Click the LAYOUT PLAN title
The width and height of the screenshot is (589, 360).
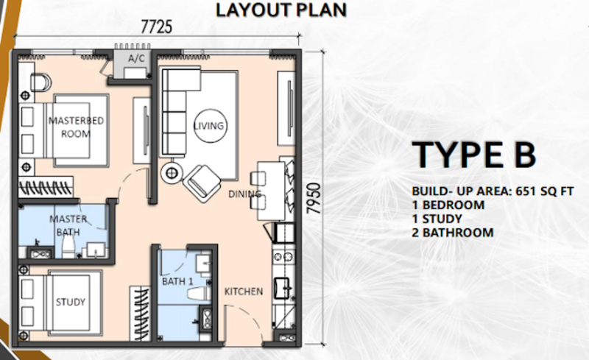point(281,10)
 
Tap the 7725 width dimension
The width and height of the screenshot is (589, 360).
point(157,27)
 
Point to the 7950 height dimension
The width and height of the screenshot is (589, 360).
point(314,198)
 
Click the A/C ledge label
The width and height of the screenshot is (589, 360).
point(136,59)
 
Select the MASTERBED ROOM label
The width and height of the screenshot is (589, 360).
point(76,127)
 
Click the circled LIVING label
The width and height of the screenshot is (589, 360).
point(209,126)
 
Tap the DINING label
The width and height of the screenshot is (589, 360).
point(245,194)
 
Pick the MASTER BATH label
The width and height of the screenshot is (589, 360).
point(68,225)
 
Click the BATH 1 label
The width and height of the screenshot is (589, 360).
point(177,281)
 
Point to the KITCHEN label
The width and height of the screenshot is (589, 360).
point(244,292)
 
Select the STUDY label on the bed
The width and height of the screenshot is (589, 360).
point(70,302)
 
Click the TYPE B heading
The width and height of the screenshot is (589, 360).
point(473,154)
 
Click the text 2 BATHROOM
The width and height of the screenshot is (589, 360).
point(453,233)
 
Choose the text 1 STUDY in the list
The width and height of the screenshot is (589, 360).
point(437,219)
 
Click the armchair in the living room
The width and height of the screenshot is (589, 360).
point(202,184)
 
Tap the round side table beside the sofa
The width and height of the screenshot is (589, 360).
point(172,173)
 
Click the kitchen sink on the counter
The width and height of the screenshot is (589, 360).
point(282,289)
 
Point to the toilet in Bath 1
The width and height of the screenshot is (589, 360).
point(199,294)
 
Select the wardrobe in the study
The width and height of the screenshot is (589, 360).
point(140,314)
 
